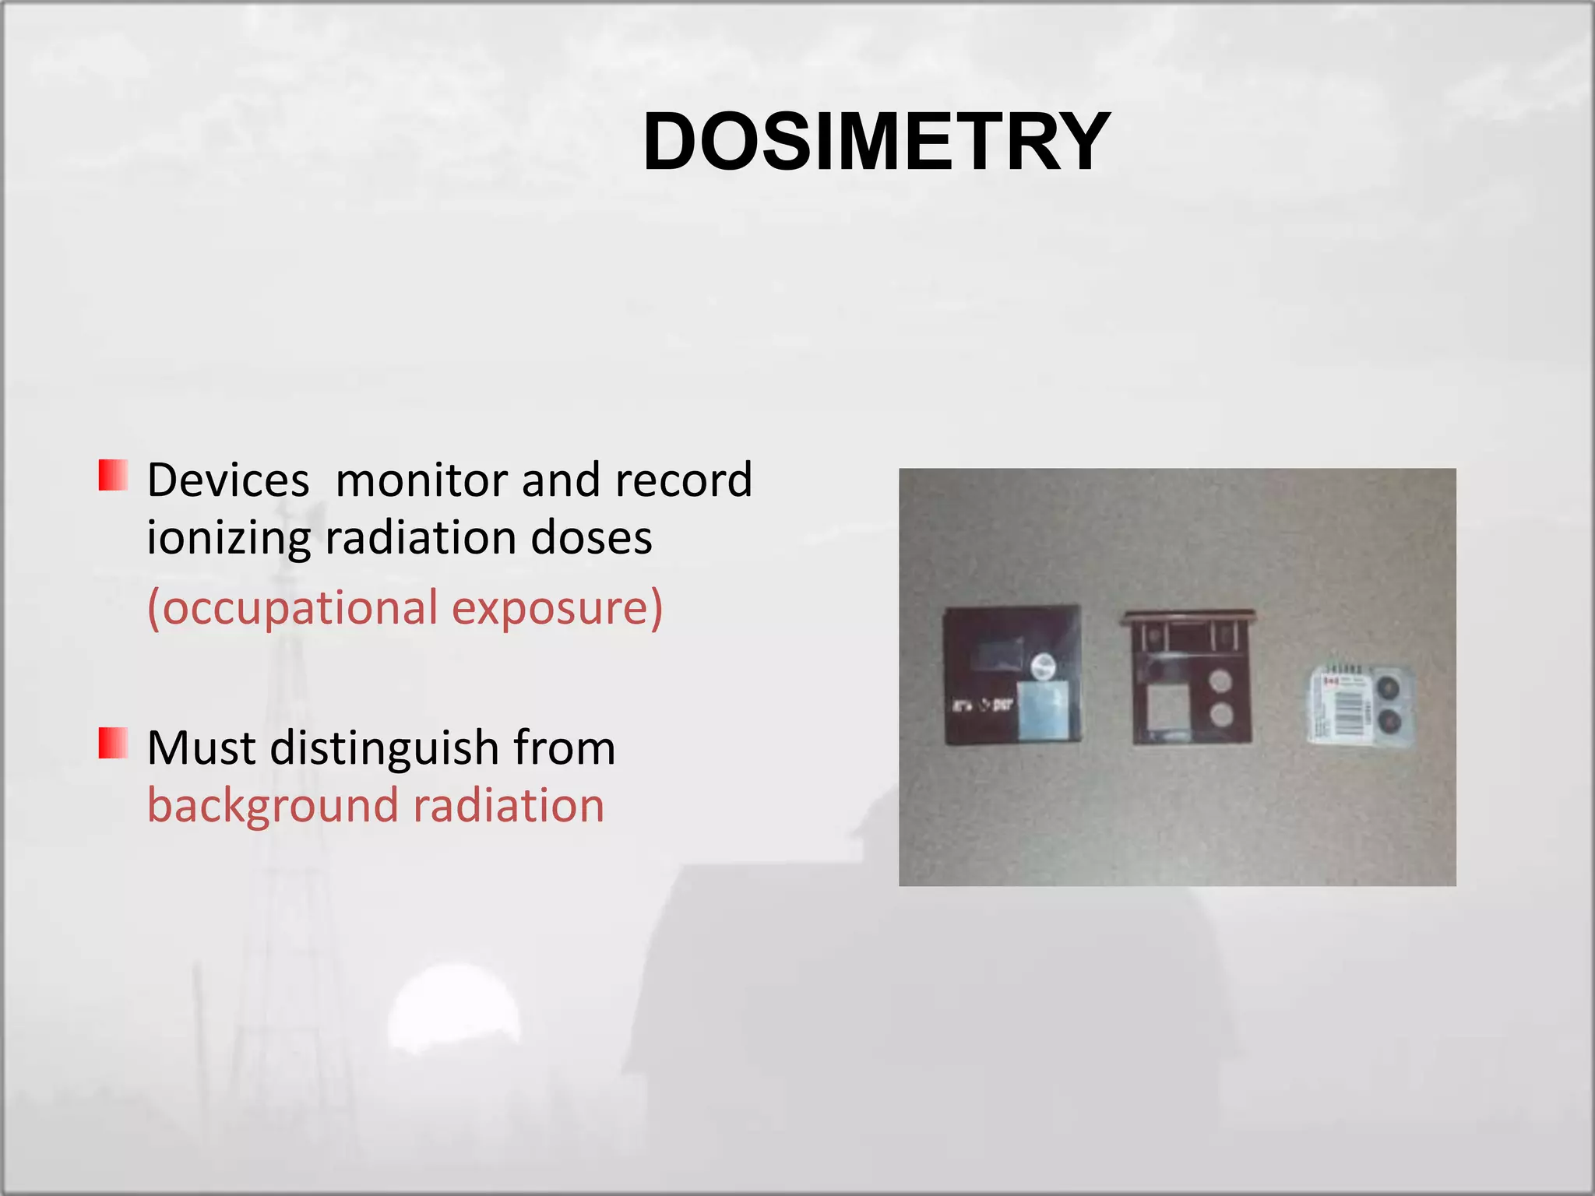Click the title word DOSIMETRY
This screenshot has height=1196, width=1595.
[x=876, y=142]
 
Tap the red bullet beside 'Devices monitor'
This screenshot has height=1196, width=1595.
[x=114, y=475]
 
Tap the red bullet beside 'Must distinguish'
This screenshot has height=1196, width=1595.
[x=114, y=743]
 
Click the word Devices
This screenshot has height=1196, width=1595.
[x=228, y=480]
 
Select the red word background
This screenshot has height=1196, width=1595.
[x=272, y=806]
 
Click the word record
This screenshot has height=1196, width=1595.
[x=683, y=480]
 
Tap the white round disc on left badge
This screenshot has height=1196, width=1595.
[x=1043, y=667]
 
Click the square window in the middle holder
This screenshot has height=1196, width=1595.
[x=1167, y=708]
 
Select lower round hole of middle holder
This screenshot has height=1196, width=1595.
[x=1221, y=713]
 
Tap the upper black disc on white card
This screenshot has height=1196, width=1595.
[x=1388, y=688]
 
